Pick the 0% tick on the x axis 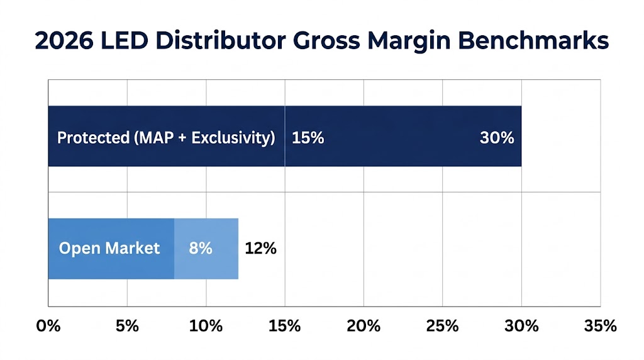(x=48, y=326)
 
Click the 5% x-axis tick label (x=127, y=326)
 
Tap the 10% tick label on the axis (x=206, y=326)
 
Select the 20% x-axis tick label (x=364, y=326)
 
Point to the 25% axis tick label (x=442, y=326)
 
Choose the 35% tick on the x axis (x=600, y=326)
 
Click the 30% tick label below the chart (x=521, y=326)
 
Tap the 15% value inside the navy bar (x=308, y=138)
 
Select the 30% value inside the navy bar (x=497, y=138)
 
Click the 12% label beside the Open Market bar (x=260, y=249)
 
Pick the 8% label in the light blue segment (x=201, y=249)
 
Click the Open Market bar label (x=109, y=249)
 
